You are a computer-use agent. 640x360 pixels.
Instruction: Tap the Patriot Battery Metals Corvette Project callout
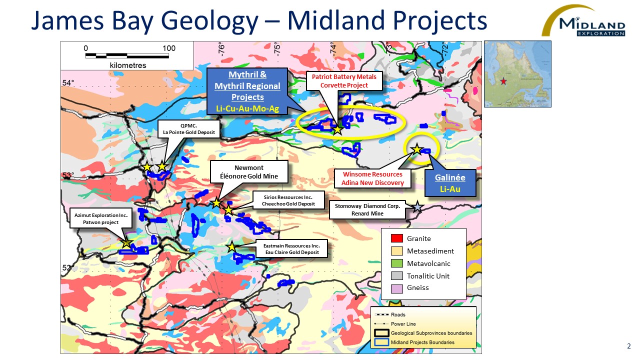(344, 81)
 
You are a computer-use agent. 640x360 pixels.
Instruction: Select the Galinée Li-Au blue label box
(450, 183)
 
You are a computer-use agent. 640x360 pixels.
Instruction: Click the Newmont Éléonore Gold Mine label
(249, 172)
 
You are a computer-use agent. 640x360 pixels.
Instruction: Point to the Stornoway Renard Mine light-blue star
(417, 206)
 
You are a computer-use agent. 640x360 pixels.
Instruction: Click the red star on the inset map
(503, 81)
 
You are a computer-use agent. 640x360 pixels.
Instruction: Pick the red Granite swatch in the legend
(397, 238)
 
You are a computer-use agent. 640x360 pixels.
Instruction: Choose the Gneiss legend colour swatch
(397, 288)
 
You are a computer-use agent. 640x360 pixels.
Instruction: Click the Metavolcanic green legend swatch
(397, 263)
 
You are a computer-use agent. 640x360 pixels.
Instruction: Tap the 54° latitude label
(68, 83)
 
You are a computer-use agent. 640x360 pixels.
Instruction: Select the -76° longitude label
(221, 48)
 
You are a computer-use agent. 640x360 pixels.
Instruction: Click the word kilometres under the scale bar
(127, 65)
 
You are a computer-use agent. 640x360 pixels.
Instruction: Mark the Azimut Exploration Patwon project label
(101, 218)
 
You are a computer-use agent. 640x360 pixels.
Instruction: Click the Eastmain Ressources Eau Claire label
(291, 249)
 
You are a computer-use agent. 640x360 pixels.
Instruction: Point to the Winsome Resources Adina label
(372, 178)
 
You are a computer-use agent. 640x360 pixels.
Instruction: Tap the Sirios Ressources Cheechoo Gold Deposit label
(288, 200)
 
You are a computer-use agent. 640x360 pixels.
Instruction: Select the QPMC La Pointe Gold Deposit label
(189, 129)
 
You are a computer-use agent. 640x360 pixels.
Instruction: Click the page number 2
(629, 346)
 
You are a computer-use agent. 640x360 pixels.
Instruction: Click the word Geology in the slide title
(209, 20)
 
